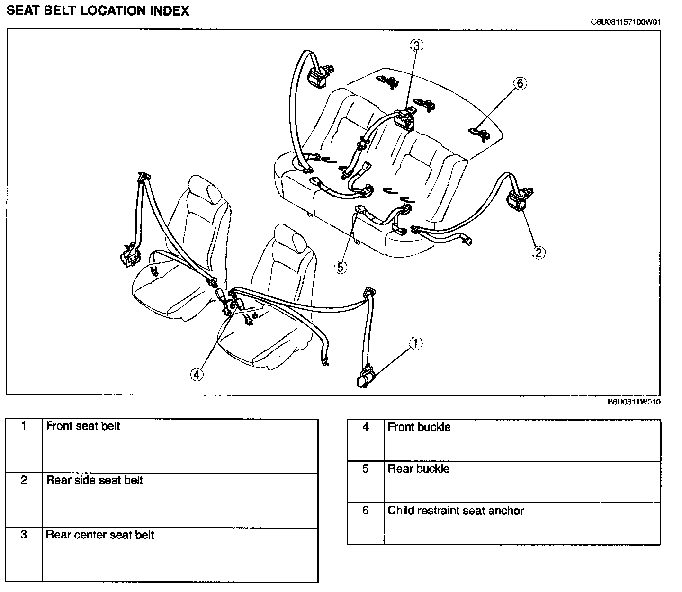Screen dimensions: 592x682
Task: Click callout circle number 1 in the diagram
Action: [415, 343]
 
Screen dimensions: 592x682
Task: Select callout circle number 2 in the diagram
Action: [538, 252]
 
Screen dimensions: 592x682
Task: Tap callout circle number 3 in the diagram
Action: [416, 45]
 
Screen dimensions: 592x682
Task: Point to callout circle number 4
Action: [197, 374]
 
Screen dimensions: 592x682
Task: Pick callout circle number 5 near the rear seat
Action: [340, 267]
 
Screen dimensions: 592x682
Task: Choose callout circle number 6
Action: [520, 83]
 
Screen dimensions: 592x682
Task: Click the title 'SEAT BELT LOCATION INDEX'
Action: [98, 11]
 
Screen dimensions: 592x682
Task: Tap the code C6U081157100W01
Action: [625, 22]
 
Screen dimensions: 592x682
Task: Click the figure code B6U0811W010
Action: [634, 402]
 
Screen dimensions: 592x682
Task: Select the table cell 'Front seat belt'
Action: [83, 426]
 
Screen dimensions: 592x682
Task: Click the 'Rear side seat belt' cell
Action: [95, 481]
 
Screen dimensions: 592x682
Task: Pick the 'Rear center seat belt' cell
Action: [100, 535]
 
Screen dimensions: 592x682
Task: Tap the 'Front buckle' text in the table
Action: [419, 427]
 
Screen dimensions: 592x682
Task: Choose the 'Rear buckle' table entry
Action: [419, 469]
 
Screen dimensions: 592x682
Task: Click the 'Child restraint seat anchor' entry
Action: [456, 511]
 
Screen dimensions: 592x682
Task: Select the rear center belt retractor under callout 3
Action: [404, 118]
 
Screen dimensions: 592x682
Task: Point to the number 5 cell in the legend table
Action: [365, 469]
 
